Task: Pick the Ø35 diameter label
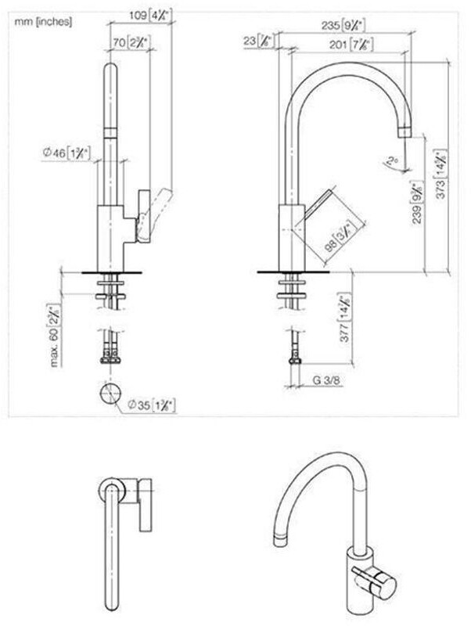[x=151, y=405]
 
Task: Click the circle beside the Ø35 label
[x=110, y=393]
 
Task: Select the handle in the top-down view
[x=146, y=505]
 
